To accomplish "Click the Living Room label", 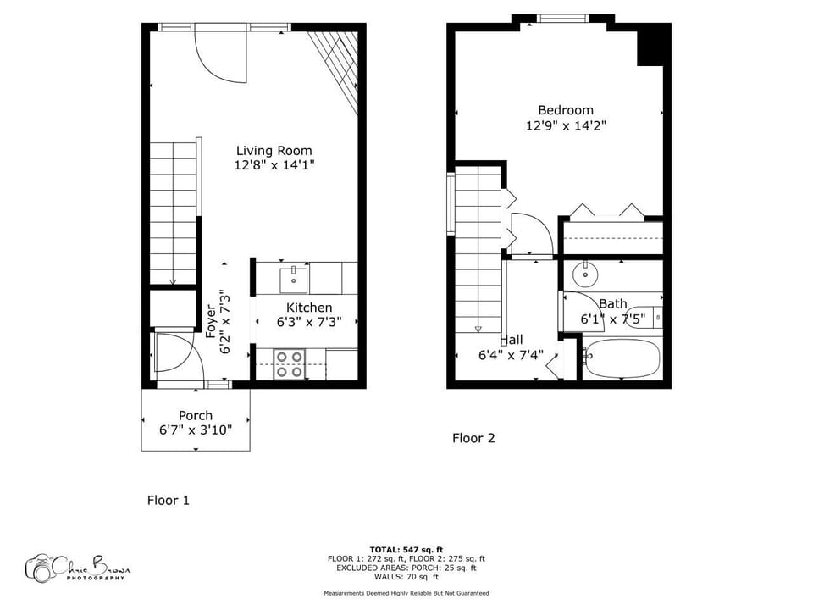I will tap(274, 151).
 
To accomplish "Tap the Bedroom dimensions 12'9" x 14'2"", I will tap(566, 125).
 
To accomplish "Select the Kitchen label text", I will tap(309, 307).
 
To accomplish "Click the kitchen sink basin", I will tap(293, 277).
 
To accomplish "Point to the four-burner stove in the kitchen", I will tap(290, 363).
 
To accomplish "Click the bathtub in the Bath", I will tap(622, 359).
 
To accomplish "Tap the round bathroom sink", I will tap(584, 274).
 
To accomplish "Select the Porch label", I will tap(196, 415).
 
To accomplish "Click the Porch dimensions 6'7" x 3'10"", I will tap(196, 430).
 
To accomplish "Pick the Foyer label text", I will tap(211, 322).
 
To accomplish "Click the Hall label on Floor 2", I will tap(511, 340).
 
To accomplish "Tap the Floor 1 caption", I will tap(169, 500).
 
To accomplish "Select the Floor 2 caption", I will tap(473, 438).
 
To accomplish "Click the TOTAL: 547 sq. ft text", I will tap(406, 549).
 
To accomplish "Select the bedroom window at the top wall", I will tap(563, 18).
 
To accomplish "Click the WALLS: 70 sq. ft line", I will tap(406, 576).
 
